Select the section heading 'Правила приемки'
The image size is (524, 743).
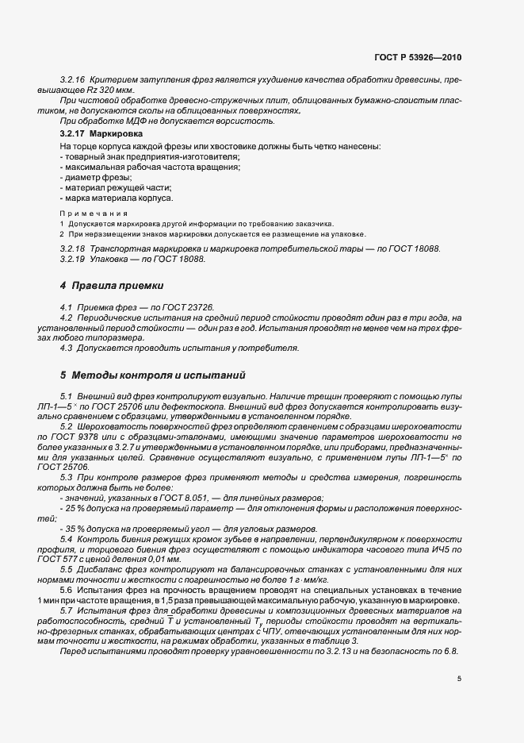coord(119,284)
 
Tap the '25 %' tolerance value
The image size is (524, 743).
coord(77,508)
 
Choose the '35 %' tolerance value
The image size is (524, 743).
coord(77,529)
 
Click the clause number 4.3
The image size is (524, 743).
coord(67,348)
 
